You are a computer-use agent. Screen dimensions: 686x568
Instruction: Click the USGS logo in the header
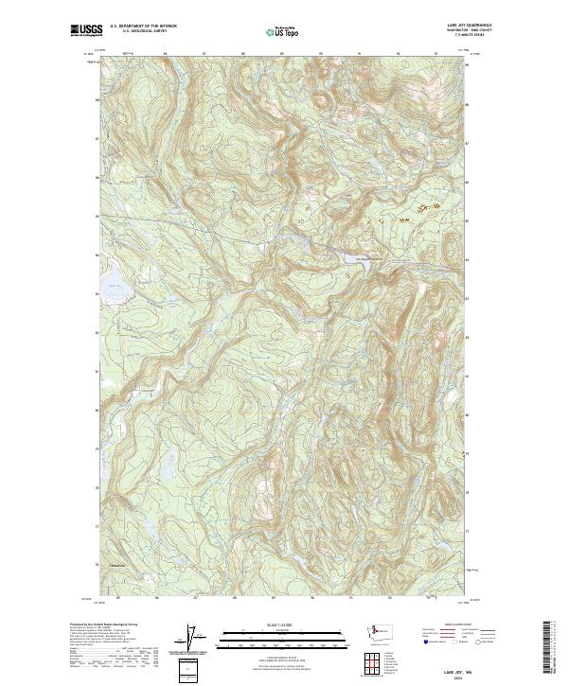pyautogui.click(x=82, y=30)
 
